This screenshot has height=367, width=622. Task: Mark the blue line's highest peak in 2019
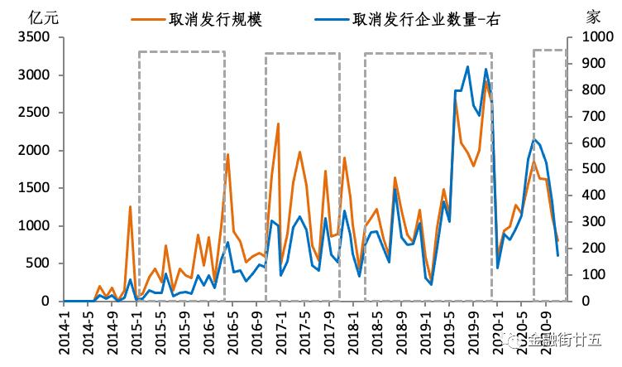(468, 67)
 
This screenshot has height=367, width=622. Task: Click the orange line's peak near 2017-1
(278, 123)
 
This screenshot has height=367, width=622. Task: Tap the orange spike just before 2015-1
(130, 206)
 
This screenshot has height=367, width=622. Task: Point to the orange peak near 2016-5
(227, 154)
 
